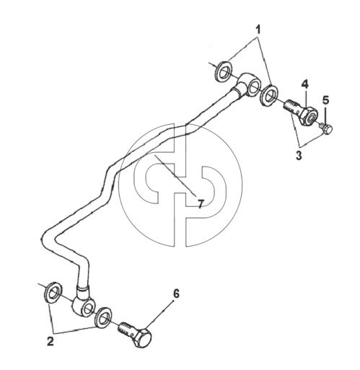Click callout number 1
click(258, 30)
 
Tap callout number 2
click(51, 341)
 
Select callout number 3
click(299, 156)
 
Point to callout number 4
click(304, 84)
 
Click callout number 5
click(325, 100)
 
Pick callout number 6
click(176, 294)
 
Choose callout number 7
click(201, 204)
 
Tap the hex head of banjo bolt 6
click(143, 338)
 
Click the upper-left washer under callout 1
click(224, 71)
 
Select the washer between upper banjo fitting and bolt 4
click(270, 94)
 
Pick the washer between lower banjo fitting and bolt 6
click(103, 317)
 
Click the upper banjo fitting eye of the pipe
click(249, 84)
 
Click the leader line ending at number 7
click(175, 175)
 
